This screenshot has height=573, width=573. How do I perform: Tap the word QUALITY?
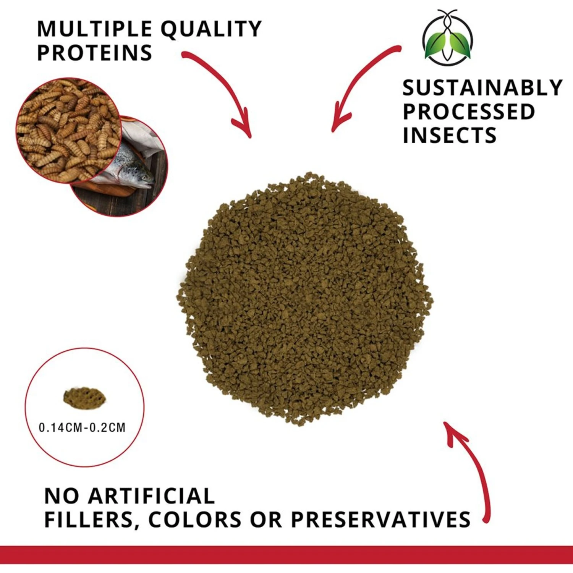(x=211, y=30)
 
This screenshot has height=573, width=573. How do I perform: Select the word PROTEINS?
(x=95, y=53)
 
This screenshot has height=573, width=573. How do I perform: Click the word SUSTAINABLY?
(x=482, y=88)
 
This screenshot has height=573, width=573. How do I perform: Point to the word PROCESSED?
(x=469, y=112)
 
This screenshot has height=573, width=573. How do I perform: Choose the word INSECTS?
(x=450, y=136)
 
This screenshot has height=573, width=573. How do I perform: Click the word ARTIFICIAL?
(x=151, y=496)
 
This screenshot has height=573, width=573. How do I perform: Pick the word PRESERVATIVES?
(x=380, y=520)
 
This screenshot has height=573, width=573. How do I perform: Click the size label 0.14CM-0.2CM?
(x=82, y=427)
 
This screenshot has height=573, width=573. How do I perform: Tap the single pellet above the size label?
(x=84, y=398)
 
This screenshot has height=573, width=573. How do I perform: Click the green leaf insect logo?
(x=448, y=38)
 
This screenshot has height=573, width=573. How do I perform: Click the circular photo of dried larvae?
(x=67, y=130)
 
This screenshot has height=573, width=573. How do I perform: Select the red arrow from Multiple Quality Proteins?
(x=225, y=88)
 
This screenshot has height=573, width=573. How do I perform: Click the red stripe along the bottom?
(x=286, y=555)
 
